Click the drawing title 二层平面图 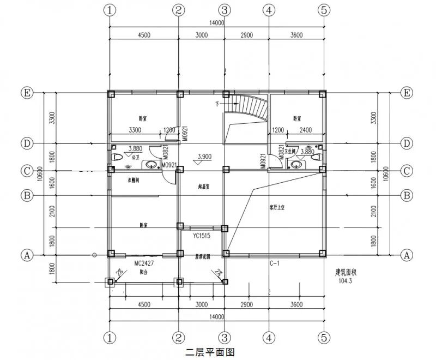point(210,352)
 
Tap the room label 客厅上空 point(278,207)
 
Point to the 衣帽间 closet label point(134,179)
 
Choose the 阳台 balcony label point(143,271)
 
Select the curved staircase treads point(252,107)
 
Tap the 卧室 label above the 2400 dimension point(297,118)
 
